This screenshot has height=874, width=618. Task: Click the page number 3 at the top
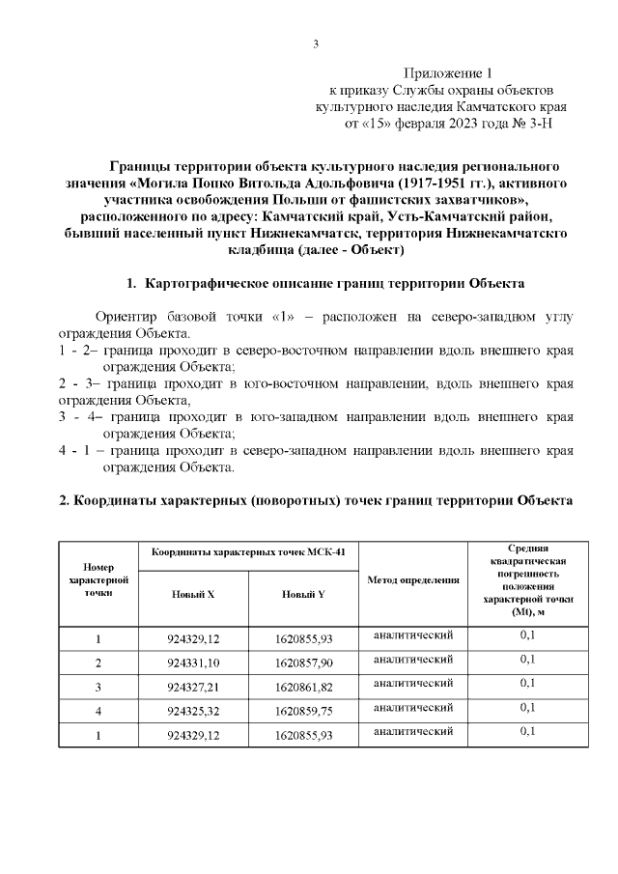pyautogui.click(x=316, y=42)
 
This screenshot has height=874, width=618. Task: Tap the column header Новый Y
pyautogui.click(x=303, y=594)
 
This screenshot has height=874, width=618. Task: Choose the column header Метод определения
pyautogui.click(x=413, y=579)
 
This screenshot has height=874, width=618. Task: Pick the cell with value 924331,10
pyautogui.click(x=193, y=663)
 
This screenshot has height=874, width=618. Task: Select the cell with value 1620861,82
pyautogui.click(x=303, y=687)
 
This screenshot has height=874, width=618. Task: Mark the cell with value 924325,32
pyautogui.click(x=193, y=711)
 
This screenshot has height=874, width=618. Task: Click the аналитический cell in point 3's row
pyautogui.click(x=413, y=684)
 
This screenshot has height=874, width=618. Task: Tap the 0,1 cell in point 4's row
pyautogui.click(x=528, y=708)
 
